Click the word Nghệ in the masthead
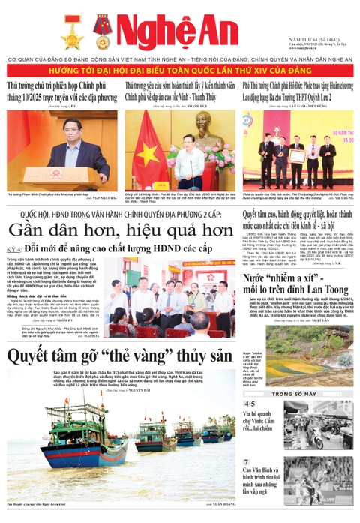point(150,32)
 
